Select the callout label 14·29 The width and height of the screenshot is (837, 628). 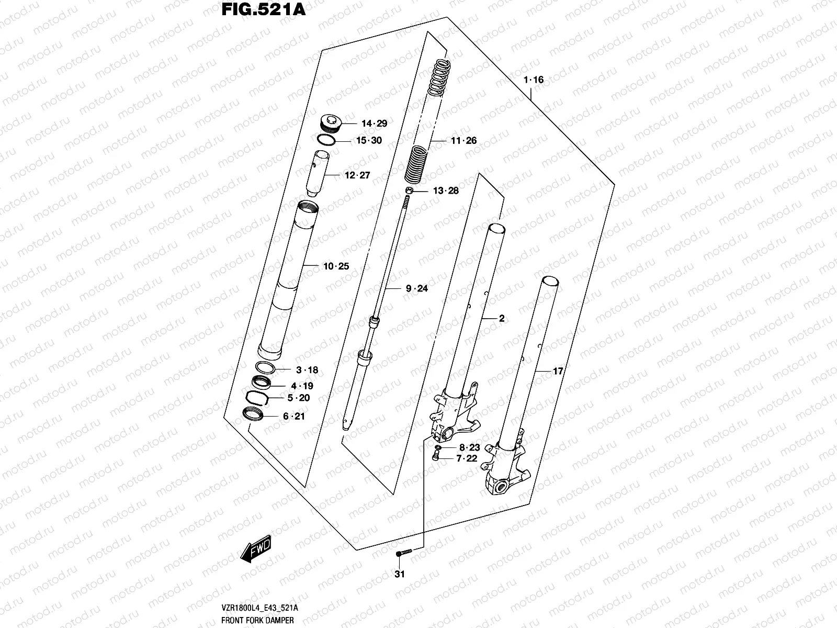click(374, 124)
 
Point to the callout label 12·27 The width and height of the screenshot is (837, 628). click(357, 175)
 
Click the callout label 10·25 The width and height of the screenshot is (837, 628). click(336, 266)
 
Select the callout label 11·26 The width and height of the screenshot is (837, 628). click(464, 140)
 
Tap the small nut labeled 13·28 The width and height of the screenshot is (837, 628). click(411, 190)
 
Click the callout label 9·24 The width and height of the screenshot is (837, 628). click(416, 288)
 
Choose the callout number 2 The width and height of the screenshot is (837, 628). click(501, 318)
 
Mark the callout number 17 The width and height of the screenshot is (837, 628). click(558, 371)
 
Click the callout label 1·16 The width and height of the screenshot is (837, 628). click(534, 80)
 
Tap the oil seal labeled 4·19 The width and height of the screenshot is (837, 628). click(262, 383)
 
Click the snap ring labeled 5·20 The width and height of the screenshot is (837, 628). click(258, 398)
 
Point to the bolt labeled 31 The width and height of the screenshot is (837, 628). click(404, 553)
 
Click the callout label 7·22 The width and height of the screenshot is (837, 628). click(467, 458)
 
